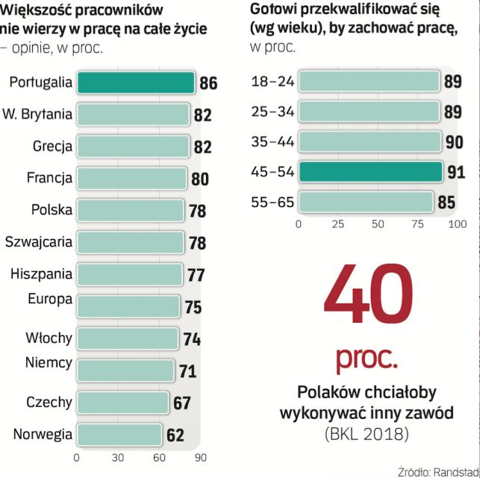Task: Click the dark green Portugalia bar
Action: tap(136, 83)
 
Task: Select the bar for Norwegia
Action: tap(119, 435)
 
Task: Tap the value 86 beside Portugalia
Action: tap(208, 83)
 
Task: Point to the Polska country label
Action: tap(52, 210)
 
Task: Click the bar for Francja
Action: tap(131, 179)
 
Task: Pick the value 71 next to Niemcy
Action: tap(187, 370)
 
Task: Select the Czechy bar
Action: tap(122, 403)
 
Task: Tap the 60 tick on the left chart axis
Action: tap(159, 458)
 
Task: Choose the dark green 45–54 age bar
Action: tap(370, 172)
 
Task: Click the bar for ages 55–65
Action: tap(366, 202)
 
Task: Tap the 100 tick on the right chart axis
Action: tap(457, 223)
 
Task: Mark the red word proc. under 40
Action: tap(367, 359)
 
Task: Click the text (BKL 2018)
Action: tap(367, 433)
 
